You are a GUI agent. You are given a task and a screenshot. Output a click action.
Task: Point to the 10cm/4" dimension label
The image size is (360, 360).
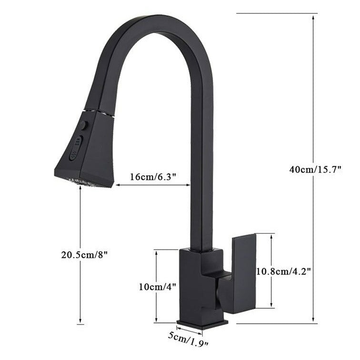157,287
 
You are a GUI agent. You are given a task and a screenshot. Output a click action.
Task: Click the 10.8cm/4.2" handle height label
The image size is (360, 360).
284,271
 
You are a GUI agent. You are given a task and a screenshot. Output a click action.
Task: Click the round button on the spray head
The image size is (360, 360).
84,125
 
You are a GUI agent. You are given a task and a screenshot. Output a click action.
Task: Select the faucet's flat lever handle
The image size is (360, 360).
243,271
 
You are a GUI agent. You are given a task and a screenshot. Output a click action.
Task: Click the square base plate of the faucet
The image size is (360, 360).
202,324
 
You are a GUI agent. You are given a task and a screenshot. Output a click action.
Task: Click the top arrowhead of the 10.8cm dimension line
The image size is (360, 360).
271,236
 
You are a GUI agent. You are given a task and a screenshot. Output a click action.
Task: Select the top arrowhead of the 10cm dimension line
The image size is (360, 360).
157,252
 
